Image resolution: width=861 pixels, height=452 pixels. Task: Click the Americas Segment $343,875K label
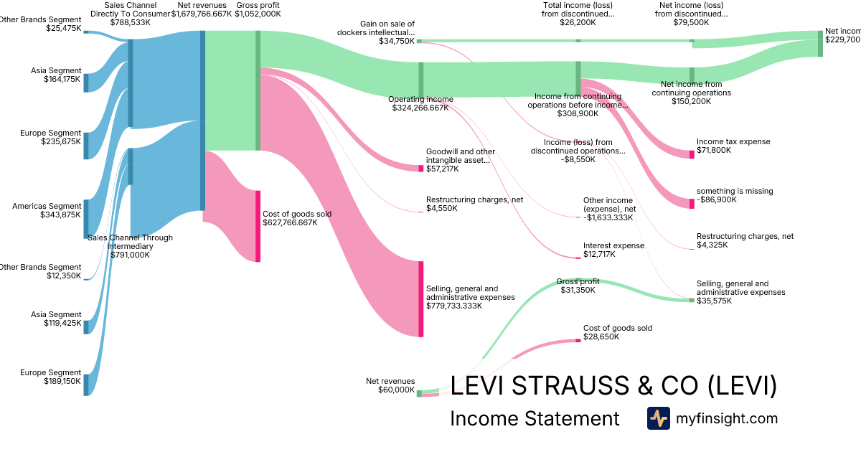click(x=47, y=210)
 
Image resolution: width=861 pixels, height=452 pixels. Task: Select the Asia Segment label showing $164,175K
click(x=56, y=75)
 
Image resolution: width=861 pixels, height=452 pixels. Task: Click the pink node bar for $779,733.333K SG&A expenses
click(x=421, y=298)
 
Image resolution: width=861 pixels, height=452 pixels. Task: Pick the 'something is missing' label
click(x=735, y=195)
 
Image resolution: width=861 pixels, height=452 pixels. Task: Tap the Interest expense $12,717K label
click(x=613, y=250)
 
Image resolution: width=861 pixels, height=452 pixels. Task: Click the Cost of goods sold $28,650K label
click(x=618, y=332)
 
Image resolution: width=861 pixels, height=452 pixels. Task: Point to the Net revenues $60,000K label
click(x=390, y=386)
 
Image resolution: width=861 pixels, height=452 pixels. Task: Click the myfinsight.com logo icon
click(x=658, y=418)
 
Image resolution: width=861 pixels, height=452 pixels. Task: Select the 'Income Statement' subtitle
click(x=535, y=418)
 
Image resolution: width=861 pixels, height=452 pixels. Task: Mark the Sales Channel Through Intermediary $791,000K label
click(x=130, y=246)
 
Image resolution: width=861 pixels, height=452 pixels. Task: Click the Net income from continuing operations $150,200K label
click(x=692, y=93)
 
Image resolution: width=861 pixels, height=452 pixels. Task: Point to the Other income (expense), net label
click(x=608, y=209)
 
